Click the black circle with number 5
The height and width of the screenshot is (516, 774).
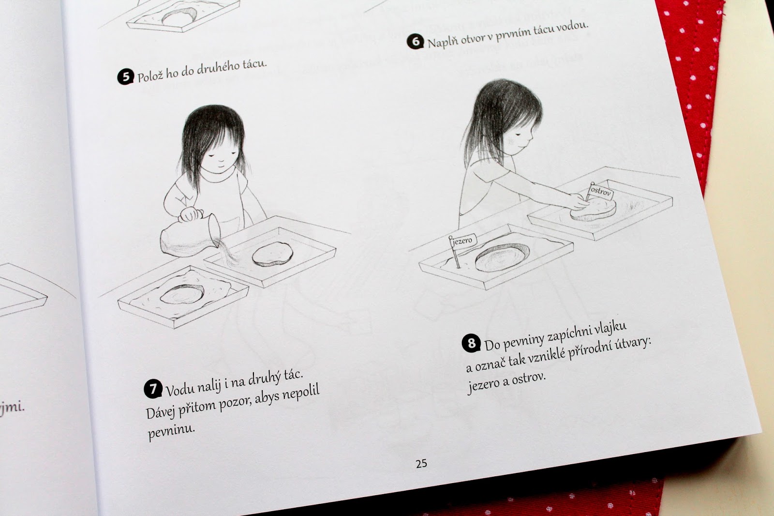(x=125, y=77)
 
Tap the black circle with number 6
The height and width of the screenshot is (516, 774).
(x=416, y=42)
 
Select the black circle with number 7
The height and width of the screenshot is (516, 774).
(x=153, y=389)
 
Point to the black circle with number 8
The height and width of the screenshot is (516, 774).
(x=471, y=343)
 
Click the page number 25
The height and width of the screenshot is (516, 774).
(x=421, y=463)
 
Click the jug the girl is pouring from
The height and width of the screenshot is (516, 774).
(x=190, y=236)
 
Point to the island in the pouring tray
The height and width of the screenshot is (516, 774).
(x=272, y=254)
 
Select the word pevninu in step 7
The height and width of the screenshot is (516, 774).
(x=171, y=431)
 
